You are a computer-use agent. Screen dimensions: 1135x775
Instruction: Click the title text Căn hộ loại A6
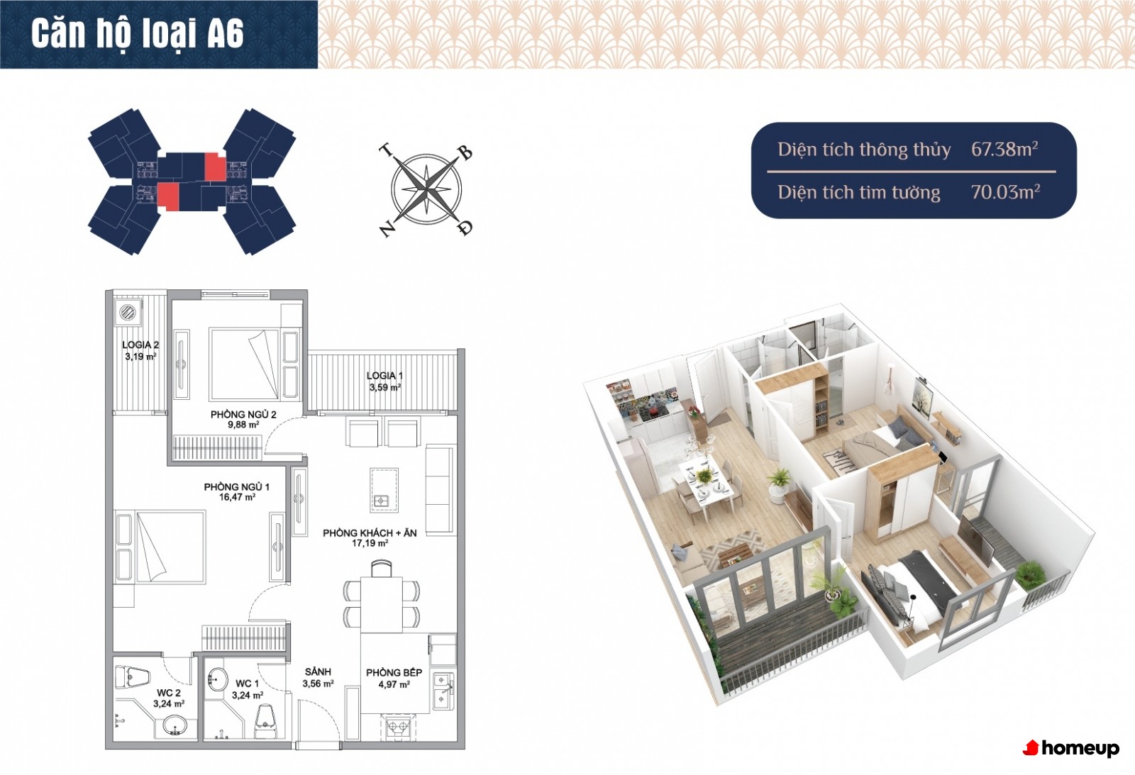tap(138, 33)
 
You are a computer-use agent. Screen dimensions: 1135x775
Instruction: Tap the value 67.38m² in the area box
tap(1004, 149)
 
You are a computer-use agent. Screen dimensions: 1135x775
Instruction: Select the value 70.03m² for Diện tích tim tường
tap(1005, 192)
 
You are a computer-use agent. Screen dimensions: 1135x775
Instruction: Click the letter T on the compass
tap(387, 151)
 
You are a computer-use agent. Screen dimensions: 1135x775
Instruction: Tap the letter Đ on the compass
tap(465, 228)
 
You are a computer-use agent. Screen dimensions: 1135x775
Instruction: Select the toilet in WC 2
tap(133, 677)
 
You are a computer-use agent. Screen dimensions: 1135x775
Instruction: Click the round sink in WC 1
tap(218, 679)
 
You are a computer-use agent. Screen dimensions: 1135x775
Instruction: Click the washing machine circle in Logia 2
tap(128, 312)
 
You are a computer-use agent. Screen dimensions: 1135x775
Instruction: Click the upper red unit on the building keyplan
tap(214, 166)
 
